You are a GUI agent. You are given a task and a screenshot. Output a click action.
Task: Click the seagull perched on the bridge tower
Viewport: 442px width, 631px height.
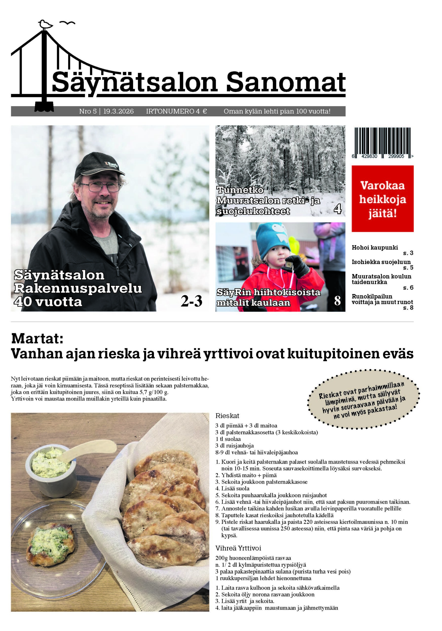point(45,24)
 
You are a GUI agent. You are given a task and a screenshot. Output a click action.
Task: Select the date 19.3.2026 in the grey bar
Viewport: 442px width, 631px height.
point(118,111)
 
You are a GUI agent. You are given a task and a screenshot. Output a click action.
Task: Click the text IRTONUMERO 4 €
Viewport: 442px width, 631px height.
point(176,111)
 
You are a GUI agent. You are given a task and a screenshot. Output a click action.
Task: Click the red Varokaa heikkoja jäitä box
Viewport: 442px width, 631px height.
point(382,198)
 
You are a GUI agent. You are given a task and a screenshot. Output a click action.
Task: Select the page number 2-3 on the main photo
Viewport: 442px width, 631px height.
point(191,301)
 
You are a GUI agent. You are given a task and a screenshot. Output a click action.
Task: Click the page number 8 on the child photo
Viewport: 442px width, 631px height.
point(337,301)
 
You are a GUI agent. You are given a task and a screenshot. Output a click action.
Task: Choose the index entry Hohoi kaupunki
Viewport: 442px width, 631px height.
point(375,247)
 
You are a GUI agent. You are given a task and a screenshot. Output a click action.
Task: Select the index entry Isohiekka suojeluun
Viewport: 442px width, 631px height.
point(381,262)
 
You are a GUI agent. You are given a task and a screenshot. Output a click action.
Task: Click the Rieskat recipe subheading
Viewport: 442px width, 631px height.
point(227,416)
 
